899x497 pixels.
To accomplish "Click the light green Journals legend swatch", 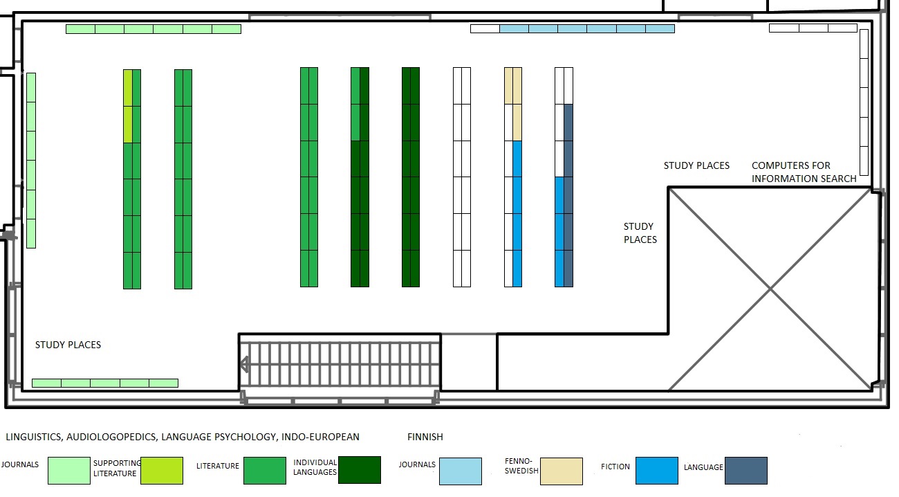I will (x=68, y=471).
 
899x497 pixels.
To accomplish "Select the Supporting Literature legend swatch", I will (x=161, y=471).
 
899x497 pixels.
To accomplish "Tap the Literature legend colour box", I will (x=264, y=471).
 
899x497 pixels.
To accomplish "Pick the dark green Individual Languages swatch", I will (x=359, y=470).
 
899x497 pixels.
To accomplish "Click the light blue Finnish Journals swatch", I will (x=460, y=471).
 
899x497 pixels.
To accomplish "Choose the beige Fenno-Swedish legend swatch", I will (x=561, y=471).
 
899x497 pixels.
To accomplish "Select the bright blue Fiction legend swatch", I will (x=656, y=471).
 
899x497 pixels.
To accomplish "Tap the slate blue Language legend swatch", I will (x=745, y=471).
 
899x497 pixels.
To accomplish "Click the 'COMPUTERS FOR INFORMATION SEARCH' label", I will (x=804, y=172).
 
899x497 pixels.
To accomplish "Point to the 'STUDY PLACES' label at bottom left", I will (x=68, y=345).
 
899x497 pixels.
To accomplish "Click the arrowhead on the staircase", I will (x=244, y=364).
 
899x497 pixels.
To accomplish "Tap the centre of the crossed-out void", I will (x=770, y=289).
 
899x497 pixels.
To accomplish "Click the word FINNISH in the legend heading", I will (x=425, y=437).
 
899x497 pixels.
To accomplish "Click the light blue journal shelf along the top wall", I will (x=586, y=28).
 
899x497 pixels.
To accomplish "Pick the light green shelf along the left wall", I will (x=30, y=160).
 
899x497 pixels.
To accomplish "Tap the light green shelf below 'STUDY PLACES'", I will (x=105, y=383).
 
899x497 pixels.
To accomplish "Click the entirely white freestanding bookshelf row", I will (x=461, y=177).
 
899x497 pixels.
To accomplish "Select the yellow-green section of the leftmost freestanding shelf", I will (x=127, y=105).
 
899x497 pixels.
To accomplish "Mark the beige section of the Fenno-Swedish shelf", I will (x=512, y=103).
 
